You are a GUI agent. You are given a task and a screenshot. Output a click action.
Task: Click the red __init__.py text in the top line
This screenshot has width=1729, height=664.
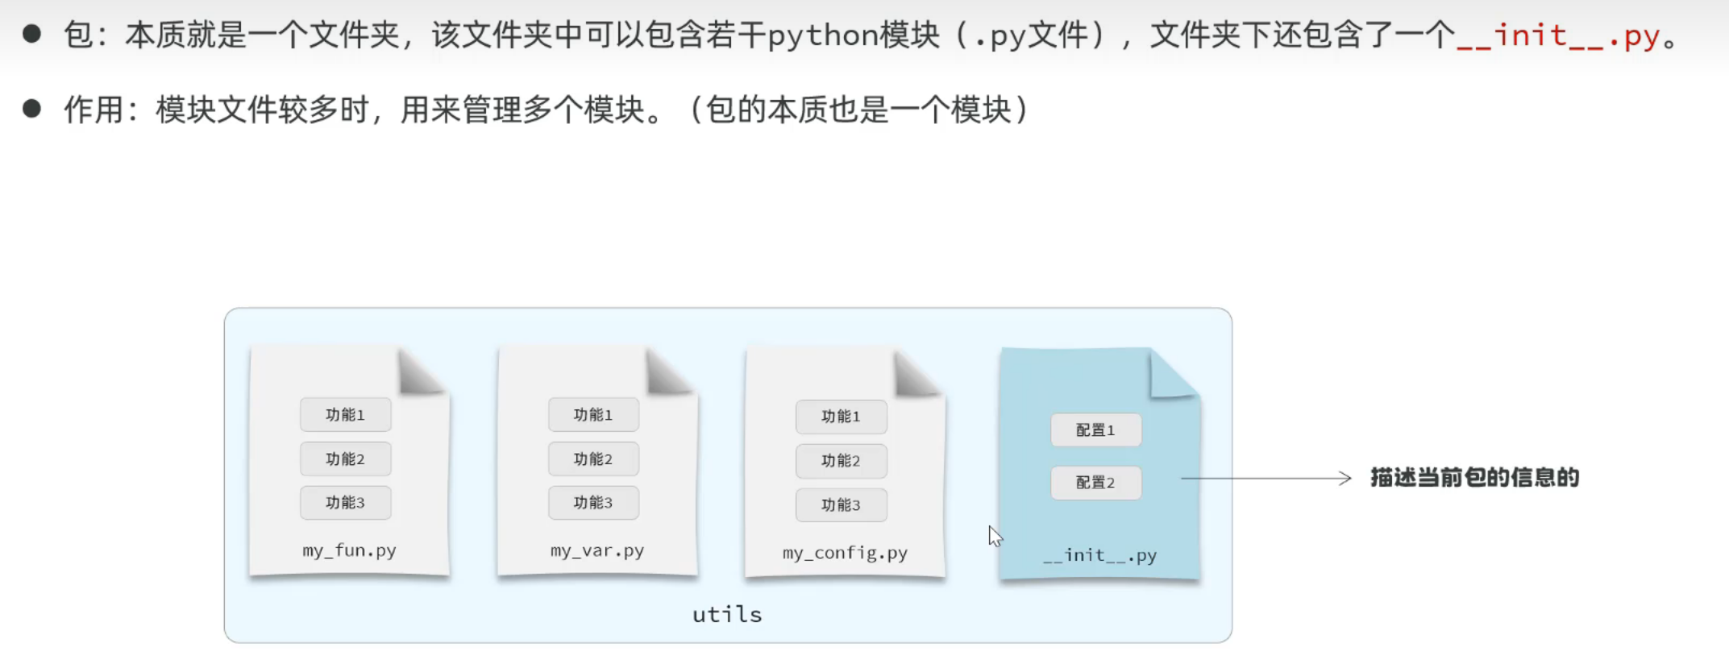tap(1558, 36)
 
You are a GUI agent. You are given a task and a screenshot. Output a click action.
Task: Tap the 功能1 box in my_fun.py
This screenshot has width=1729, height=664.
tap(345, 415)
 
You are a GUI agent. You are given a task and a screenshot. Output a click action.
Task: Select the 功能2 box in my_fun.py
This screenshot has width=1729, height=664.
tap(345, 459)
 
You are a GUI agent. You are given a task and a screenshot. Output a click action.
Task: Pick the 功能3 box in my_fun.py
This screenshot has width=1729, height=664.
tap(345, 503)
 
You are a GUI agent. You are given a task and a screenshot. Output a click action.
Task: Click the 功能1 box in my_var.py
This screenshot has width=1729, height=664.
tap(593, 415)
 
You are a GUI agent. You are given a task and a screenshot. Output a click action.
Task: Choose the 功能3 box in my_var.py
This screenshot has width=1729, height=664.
tap(593, 503)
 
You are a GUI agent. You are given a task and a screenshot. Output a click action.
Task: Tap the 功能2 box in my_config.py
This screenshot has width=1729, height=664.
tap(841, 461)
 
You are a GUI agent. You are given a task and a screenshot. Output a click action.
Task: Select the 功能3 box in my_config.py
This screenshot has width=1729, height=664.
tap(841, 505)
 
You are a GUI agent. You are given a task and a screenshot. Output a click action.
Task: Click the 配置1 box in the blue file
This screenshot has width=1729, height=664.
tap(1095, 430)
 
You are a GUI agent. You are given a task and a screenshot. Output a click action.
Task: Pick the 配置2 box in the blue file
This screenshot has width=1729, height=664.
tap(1095, 483)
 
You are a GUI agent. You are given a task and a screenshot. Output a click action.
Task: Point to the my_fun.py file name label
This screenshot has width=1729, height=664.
tap(349, 551)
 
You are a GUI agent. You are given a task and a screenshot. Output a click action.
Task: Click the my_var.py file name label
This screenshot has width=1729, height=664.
tap(597, 551)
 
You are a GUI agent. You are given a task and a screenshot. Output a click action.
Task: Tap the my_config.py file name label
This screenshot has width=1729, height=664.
tap(845, 553)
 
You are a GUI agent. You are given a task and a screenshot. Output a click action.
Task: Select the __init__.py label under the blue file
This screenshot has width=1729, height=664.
tap(1100, 555)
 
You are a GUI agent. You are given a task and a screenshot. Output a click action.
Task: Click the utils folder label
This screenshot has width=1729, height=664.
tap(727, 615)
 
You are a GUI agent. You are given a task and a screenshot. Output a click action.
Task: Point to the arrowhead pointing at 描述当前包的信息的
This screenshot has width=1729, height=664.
tap(1345, 479)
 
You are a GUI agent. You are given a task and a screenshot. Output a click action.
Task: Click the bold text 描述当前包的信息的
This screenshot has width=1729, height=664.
tap(1474, 478)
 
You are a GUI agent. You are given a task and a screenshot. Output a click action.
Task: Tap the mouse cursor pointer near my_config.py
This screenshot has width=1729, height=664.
tap(995, 535)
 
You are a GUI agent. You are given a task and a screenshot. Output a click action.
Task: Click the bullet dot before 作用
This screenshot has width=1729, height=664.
tap(32, 109)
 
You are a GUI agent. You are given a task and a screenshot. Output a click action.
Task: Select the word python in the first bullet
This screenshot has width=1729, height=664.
tap(822, 36)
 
